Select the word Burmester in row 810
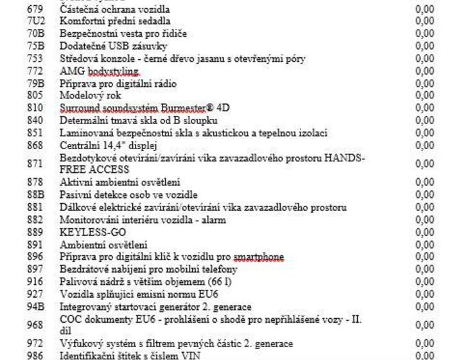point(186,108)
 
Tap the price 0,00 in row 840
point(425,120)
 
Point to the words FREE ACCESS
point(94,170)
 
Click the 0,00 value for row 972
point(425,344)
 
